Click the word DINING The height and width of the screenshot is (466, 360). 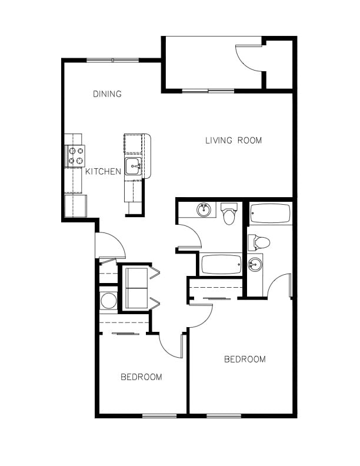(107, 94)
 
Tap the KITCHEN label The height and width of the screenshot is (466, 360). (104, 172)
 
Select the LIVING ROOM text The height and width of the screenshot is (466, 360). (234, 141)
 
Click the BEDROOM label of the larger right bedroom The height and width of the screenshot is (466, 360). (245, 359)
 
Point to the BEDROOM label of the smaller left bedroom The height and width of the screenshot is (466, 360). (141, 377)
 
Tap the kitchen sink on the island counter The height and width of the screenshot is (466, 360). (133, 166)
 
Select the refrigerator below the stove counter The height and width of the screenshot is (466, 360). (75, 206)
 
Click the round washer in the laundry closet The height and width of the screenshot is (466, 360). (109, 301)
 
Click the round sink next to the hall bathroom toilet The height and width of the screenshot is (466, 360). (204, 209)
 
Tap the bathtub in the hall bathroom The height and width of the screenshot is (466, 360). (221, 264)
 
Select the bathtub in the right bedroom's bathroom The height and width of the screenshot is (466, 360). (270, 214)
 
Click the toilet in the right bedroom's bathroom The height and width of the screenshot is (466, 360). (259, 242)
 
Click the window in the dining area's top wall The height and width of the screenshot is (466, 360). (113, 59)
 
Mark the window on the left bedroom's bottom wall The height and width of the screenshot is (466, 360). (159, 416)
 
